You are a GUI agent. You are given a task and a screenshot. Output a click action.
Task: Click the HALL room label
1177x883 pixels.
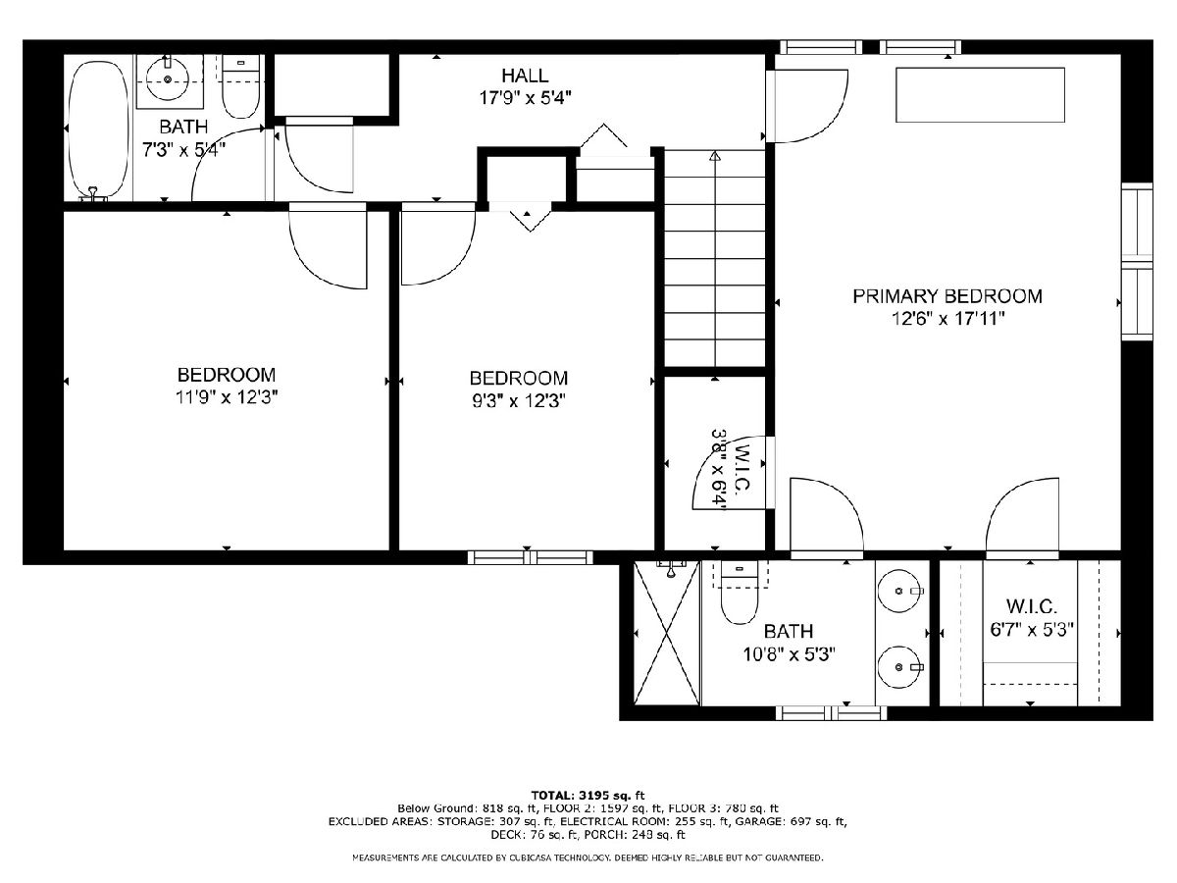(x=525, y=76)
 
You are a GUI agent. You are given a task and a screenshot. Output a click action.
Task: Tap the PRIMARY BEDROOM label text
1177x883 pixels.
(x=947, y=296)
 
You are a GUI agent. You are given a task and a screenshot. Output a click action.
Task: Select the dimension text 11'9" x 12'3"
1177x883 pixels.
(x=227, y=397)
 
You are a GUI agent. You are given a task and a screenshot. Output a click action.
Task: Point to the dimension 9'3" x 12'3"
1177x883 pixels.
(x=519, y=401)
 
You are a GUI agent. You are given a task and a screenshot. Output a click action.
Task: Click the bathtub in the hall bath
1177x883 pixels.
(x=99, y=130)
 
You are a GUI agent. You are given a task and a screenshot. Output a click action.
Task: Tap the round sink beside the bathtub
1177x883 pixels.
(x=168, y=78)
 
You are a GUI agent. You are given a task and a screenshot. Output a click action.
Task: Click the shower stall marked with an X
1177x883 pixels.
(x=667, y=633)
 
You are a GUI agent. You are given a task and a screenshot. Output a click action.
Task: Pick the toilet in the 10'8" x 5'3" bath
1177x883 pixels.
(x=739, y=592)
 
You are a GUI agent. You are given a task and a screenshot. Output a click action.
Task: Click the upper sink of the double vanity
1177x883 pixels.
(x=899, y=591)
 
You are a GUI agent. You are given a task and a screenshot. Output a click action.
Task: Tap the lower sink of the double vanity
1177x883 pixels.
(x=899, y=667)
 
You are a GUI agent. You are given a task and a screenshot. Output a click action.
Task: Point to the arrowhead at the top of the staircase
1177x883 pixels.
(x=714, y=156)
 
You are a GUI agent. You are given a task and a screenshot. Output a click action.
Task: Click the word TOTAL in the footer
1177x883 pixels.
(x=551, y=795)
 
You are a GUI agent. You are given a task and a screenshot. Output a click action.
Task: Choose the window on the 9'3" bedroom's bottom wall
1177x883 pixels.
(x=531, y=557)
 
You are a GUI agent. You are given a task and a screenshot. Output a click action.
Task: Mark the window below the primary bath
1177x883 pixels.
(x=831, y=713)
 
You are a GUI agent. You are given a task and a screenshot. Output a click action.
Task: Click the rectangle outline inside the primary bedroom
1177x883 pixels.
(x=980, y=95)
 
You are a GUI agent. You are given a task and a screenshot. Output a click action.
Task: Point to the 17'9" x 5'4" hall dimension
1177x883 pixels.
(x=525, y=98)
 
